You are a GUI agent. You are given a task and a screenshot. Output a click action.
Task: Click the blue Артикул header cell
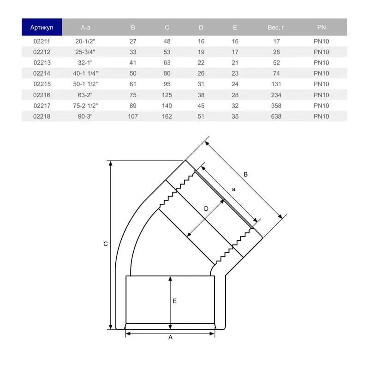point(42,27)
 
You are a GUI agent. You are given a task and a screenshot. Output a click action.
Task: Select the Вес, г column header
point(276,28)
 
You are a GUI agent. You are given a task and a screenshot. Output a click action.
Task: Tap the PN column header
point(321,27)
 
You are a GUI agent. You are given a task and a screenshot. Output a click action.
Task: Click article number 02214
point(42,73)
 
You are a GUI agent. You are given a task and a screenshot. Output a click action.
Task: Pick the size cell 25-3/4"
point(85,52)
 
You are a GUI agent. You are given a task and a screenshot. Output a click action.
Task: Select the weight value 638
point(276,116)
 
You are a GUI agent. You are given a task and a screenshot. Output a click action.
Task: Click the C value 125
point(167,95)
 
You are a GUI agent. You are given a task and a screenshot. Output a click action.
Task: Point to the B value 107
point(133,116)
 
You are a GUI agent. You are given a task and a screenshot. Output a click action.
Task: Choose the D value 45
point(201,106)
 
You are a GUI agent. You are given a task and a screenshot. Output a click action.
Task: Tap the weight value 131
point(276,84)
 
